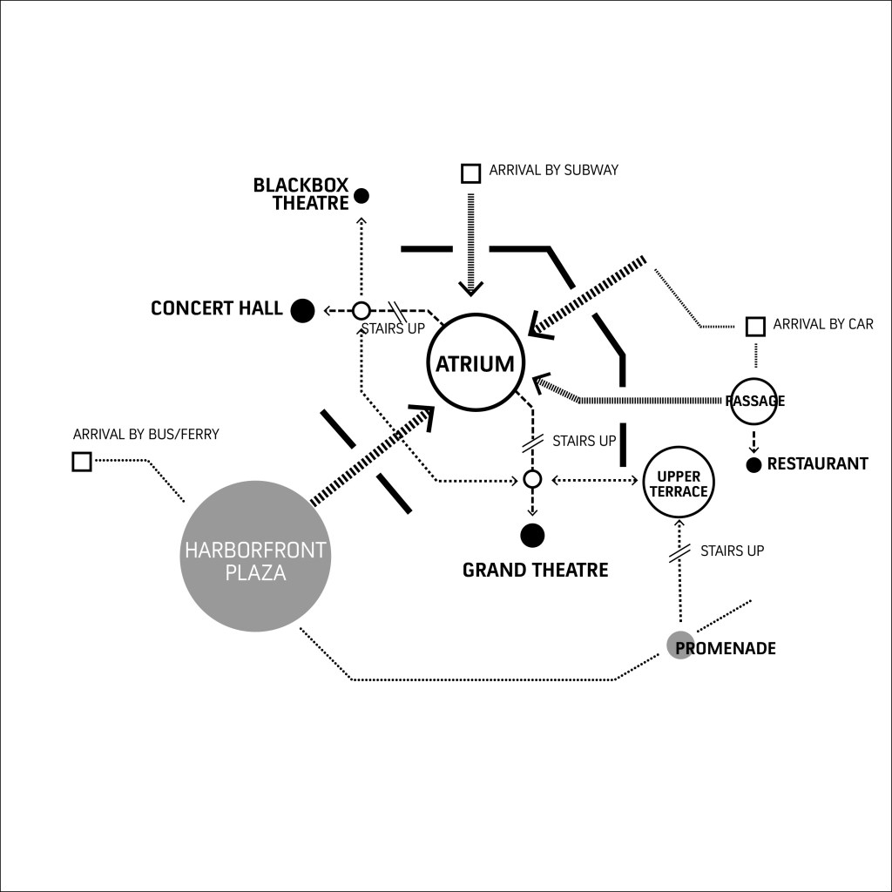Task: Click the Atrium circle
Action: point(475,363)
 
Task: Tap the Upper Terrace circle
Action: point(679,483)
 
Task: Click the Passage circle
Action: point(754,401)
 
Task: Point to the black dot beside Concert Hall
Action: point(302,310)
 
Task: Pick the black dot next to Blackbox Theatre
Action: point(362,196)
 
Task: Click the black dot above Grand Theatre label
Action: point(531,534)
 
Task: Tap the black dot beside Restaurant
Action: point(754,464)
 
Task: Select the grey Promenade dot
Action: point(680,645)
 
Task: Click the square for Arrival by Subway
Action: point(470,172)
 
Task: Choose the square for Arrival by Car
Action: point(755,326)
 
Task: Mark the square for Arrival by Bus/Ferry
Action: point(82,461)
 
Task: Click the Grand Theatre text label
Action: point(535,571)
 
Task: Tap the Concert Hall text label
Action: point(216,308)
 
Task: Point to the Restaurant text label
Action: point(817,463)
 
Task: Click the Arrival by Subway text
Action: point(553,170)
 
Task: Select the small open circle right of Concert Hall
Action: point(362,310)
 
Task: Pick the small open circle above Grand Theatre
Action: point(532,479)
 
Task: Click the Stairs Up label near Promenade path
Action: point(732,551)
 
